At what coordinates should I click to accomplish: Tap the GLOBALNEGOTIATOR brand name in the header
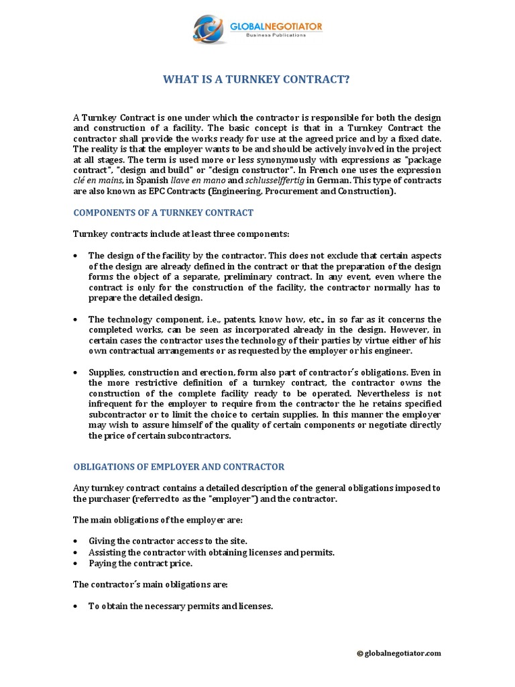(x=276, y=26)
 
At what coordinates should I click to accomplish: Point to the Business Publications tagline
(x=276, y=35)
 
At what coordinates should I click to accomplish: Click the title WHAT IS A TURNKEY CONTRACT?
(x=257, y=80)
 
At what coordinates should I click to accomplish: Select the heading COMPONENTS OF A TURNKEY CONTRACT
(x=163, y=213)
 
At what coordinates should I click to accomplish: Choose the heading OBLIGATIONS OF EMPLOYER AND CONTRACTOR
(x=178, y=466)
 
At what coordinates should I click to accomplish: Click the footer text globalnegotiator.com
(x=403, y=653)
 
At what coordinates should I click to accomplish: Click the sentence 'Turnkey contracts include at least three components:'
(x=181, y=233)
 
